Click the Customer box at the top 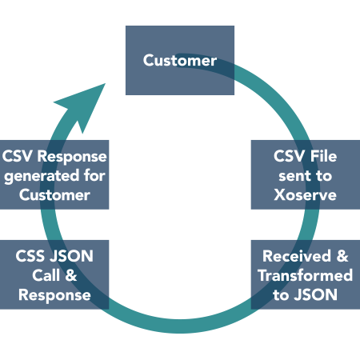tap(179, 61)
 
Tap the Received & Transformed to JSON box tap(305, 274)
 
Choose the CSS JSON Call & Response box tap(54, 274)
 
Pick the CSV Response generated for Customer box tap(54, 174)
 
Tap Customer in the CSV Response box tap(54, 194)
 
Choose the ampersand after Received tap(342, 256)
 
